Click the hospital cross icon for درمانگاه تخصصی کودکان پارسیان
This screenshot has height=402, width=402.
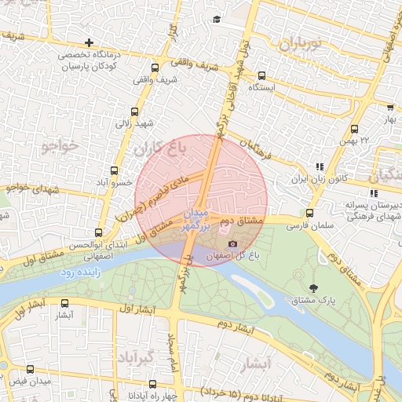coord(90,42)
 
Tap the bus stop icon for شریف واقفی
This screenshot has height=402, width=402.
coord(155,68)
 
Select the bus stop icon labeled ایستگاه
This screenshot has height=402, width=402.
coord(261,76)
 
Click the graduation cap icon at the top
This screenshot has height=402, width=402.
coord(216,19)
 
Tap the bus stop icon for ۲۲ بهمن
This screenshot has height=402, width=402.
coord(354,129)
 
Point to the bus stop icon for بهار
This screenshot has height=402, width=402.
coord(389,108)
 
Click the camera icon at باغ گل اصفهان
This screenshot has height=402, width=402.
coord(231,244)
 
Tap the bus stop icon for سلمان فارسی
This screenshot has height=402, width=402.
coord(309,213)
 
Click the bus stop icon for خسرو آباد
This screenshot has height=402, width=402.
coord(115,170)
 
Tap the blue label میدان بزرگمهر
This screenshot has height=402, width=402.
coord(198,219)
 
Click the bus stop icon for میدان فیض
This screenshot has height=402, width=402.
coord(30,369)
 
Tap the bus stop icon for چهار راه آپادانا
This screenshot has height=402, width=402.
coord(152,385)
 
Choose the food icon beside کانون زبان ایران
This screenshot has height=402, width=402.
coord(318,167)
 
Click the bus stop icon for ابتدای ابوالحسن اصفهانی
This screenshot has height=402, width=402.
coord(98,232)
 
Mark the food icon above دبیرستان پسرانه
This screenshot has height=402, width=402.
coord(373,193)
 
